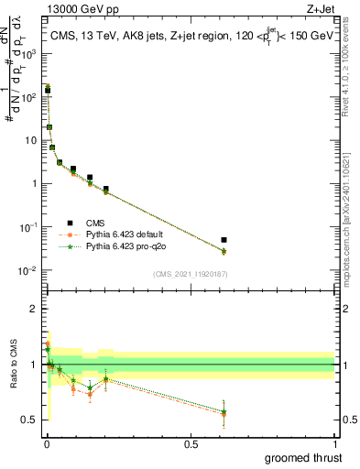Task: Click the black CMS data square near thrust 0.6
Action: tap(224, 240)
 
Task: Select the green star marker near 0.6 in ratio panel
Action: tap(224, 411)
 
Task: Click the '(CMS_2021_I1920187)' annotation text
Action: tap(190, 273)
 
